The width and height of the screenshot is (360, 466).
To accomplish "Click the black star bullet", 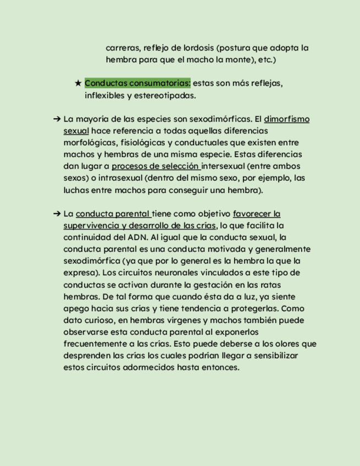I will pos(78,84).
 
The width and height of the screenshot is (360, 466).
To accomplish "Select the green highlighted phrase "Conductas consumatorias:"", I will pos(137,84).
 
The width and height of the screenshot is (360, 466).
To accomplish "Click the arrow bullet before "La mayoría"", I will pos(57,119).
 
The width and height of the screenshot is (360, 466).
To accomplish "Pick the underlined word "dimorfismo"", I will pos(286,119).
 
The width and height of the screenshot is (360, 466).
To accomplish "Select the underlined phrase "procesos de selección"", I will pos(154,167).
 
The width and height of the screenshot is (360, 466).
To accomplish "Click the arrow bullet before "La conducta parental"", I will pos(57,214).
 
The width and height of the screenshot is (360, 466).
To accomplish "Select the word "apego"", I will pos(76,309).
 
